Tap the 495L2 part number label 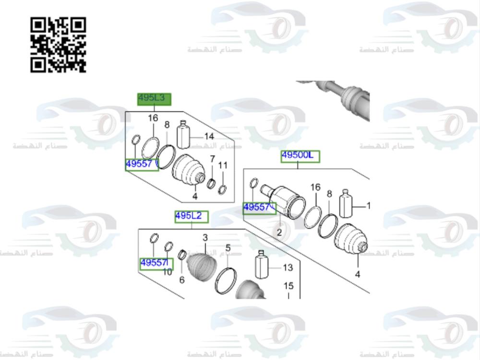coord(192,217)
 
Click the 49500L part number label coord(300,156)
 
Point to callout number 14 coord(209,136)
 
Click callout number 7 coord(212,159)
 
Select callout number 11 coord(223,166)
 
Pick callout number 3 coord(205,238)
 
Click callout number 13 coord(287,267)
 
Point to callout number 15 coord(288,286)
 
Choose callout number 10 coord(167,272)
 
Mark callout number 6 coord(182,280)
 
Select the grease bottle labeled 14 coord(184,134)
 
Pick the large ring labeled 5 coord(226,280)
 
